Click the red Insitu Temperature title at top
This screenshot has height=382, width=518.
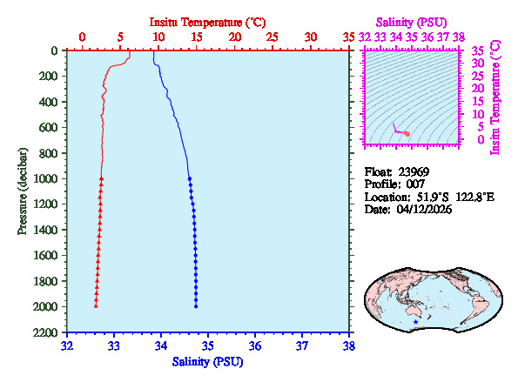point(207,21)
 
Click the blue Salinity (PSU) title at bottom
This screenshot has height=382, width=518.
point(207,361)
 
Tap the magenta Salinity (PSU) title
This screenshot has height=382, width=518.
point(413,21)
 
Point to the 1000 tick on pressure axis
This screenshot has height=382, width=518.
point(48,178)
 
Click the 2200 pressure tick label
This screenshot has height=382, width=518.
point(48,332)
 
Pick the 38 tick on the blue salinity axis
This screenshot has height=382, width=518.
point(348,345)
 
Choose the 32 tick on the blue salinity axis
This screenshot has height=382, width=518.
point(68,345)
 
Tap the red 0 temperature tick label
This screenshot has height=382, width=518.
point(82,37)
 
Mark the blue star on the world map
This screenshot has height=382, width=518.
point(416,323)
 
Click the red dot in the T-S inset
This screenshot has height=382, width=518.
point(407,132)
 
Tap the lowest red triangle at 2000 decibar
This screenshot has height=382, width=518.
point(96,306)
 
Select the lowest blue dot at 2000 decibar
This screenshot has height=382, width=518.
point(196,306)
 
